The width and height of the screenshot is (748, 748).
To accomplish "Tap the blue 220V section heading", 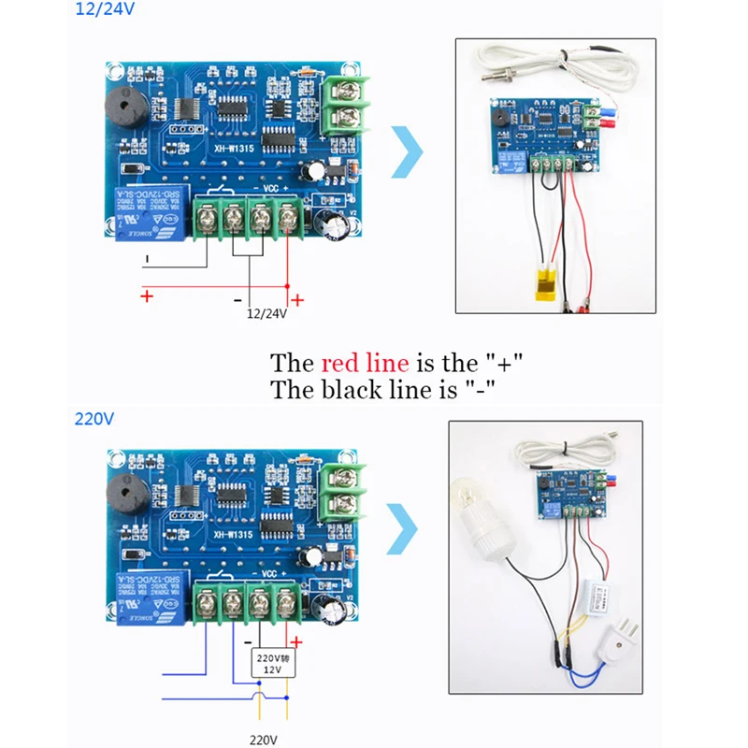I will coord(93,418).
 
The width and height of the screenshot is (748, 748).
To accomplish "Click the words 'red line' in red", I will coord(365,363).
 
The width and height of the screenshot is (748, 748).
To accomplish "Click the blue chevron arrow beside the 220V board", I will coord(401,531).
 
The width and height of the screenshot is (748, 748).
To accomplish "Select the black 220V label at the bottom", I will coord(265,739).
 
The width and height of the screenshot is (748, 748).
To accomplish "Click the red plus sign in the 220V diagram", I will coord(297,642).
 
